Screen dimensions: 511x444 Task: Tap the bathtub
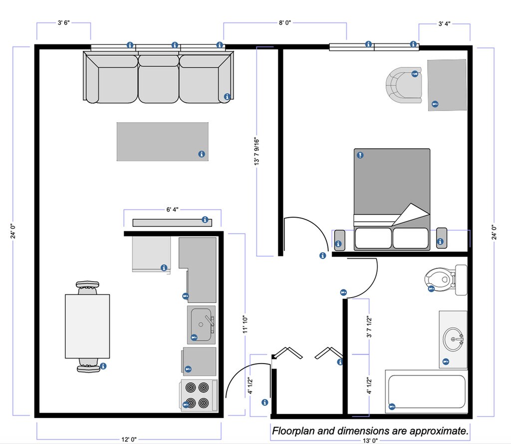pyautogui.click(x=427, y=392)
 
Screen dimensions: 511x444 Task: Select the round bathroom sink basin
pyautogui.click(x=453, y=339)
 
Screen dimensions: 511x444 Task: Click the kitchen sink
pyautogui.click(x=202, y=325)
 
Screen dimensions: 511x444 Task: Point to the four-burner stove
pyautogui.click(x=199, y=395)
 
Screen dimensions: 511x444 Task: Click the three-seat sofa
pyautogui.click(x=158, y=77)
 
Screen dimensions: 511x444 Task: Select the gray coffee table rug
pyautogui.click(x=163, y=141)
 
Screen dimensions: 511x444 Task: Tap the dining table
pyautogui.click(x=87, y=326)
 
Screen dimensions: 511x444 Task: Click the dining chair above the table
pyautogui.click(x=87, y=287)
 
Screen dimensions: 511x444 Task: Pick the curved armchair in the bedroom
pyautogui.click(x=404, y=85)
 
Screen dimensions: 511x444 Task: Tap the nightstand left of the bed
pyautogui.click(x=339, y=240)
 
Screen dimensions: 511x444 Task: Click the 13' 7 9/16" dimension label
pyautogui.click(x=257, y=152)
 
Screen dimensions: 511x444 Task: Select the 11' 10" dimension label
pyautogui.click(x=245, y=325)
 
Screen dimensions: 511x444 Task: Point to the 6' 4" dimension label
pyautogui.click(x=172, y=209)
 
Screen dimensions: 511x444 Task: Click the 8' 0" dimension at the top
pyautogui.click(x=285, y=22)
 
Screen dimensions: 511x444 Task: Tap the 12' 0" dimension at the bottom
pyautogui.click(x=129, y=440)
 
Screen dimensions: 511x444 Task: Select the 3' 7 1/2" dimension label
pyautogui.click(x=369, y=327)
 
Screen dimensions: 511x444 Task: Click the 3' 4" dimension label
pyautogui.click(x=445, y=23)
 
